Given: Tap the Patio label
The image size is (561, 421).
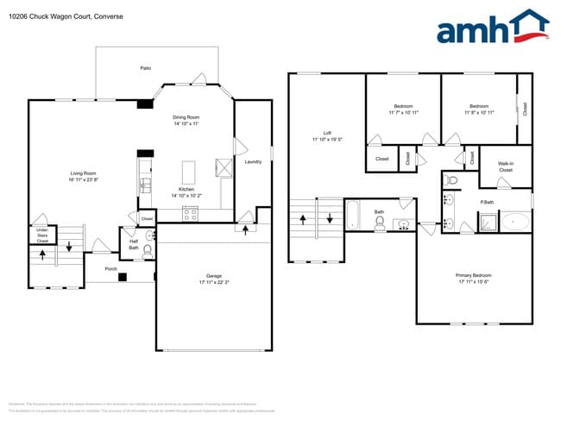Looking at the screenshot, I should pos(147,67).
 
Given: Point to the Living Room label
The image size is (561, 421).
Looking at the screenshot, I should pos(83,173).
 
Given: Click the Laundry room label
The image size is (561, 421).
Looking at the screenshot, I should pos(253,161).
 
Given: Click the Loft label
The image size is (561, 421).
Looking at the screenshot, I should pos(327,133).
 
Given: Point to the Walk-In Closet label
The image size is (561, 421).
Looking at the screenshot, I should pos(506,167).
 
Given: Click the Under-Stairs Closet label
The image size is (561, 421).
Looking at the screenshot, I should pos(42,235).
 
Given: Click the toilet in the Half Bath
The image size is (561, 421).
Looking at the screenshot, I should pos(147,251).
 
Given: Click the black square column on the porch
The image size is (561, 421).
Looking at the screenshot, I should pos(123,278).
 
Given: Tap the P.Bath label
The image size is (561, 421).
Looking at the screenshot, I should pos(487,202).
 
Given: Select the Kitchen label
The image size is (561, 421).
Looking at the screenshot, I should pos(186,189).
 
